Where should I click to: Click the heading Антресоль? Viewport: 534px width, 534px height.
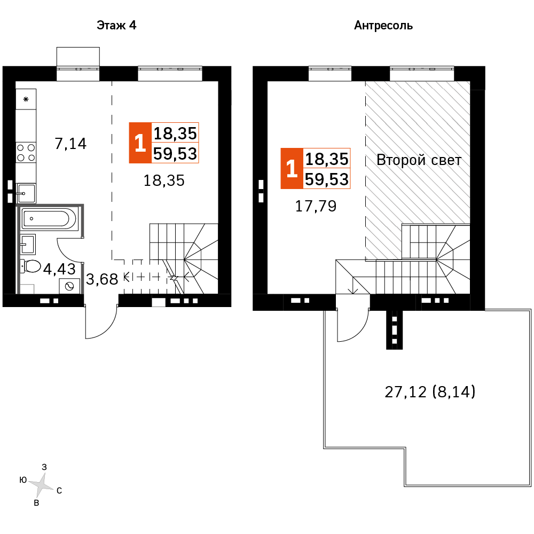pos(383,25)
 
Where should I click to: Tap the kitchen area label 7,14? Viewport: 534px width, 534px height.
pos(70,143)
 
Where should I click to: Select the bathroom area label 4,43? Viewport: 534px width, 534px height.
pos(59,269)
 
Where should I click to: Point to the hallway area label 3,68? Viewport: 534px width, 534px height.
pos(101,279)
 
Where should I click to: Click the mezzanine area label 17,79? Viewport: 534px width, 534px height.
pos(316,206)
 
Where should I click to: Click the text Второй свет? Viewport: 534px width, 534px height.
pos(419,160)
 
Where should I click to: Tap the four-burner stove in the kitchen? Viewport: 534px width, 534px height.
pos(26,152)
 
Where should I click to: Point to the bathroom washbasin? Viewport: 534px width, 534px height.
pos(28,244)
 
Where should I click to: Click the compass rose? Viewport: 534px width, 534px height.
pos(41,484)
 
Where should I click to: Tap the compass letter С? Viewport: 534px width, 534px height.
pos(59,490)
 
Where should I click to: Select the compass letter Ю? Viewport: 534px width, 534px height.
pos(23,480)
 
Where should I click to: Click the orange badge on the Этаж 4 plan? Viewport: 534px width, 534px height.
pos(140,143)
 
